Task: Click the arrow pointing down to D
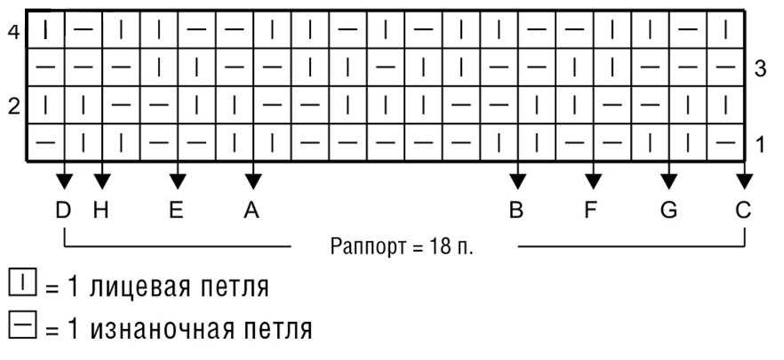coord(63,180)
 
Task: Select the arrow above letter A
coord(253,180)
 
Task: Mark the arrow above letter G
coord(668,180)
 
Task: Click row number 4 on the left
coord(12,32)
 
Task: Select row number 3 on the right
coord(760,69)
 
